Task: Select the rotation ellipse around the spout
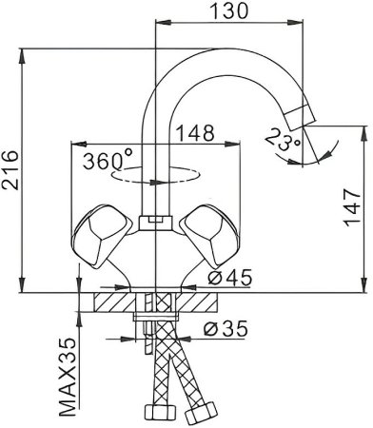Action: pos(152,176)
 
